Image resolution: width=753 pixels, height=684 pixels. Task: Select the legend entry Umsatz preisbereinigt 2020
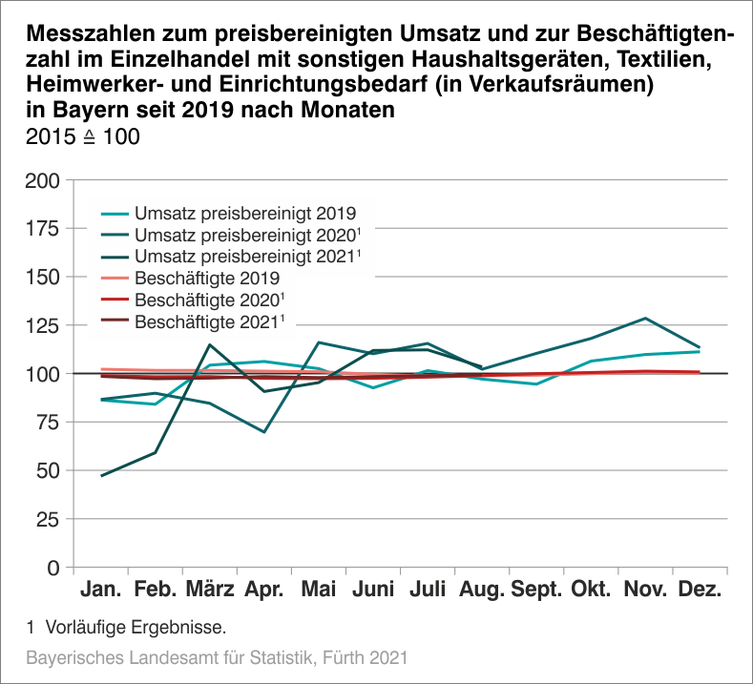tap(245, 235)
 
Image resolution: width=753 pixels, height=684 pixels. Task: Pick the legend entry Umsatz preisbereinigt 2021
tap(245, 257)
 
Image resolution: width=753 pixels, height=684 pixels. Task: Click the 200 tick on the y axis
tap(45, 180)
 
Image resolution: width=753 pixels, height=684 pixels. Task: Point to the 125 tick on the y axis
tap(45, 325)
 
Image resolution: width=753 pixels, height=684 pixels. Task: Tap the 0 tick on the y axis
tap(54, 568)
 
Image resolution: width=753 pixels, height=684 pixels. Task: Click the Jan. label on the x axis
tap(101, 590)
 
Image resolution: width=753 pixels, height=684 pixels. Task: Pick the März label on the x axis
tap(210, 590)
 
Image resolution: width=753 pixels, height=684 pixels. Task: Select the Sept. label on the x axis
tap(536, 590)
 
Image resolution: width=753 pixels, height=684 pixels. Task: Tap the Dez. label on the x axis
tap(700, 590)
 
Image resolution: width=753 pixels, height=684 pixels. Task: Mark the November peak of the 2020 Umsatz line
tap(645, 318)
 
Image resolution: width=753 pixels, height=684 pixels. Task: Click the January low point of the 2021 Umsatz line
tap(101, 475)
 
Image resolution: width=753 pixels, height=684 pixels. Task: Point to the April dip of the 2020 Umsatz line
tap(264, 432)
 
